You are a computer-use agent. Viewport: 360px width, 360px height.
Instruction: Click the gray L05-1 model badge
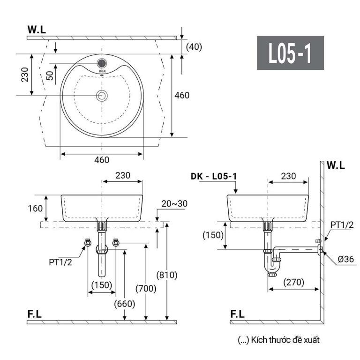(290, 53)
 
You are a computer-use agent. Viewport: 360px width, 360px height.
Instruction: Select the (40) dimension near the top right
(193, 46)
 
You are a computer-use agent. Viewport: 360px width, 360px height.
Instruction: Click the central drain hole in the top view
(102, 96)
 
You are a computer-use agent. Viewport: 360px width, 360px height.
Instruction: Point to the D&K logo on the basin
(102, 72)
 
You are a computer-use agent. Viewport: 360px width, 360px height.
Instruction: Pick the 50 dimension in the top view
(50, 75)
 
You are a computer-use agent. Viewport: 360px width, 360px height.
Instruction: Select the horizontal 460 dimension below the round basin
(101, 159)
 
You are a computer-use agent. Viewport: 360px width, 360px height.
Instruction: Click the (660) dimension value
(124, 303)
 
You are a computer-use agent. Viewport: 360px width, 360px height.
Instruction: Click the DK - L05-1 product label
(214, 176)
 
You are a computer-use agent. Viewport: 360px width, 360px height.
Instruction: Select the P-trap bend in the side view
(272, 268)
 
